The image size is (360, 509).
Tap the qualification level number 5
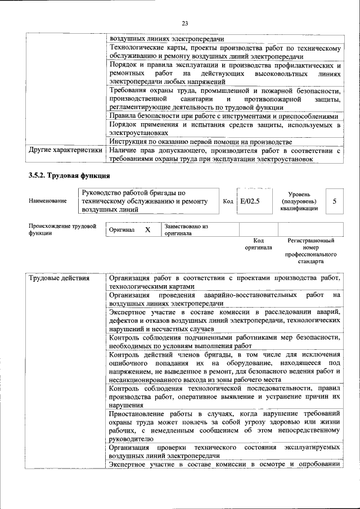(335, 201)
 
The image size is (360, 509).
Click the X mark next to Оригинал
(147, 230)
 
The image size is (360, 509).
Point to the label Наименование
(47, 201)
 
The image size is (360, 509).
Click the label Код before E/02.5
(228, 201)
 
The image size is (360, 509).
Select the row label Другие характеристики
(65, 151)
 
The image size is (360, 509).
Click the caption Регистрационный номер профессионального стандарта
(310, 251)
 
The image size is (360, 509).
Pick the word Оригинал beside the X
(122, 231)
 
